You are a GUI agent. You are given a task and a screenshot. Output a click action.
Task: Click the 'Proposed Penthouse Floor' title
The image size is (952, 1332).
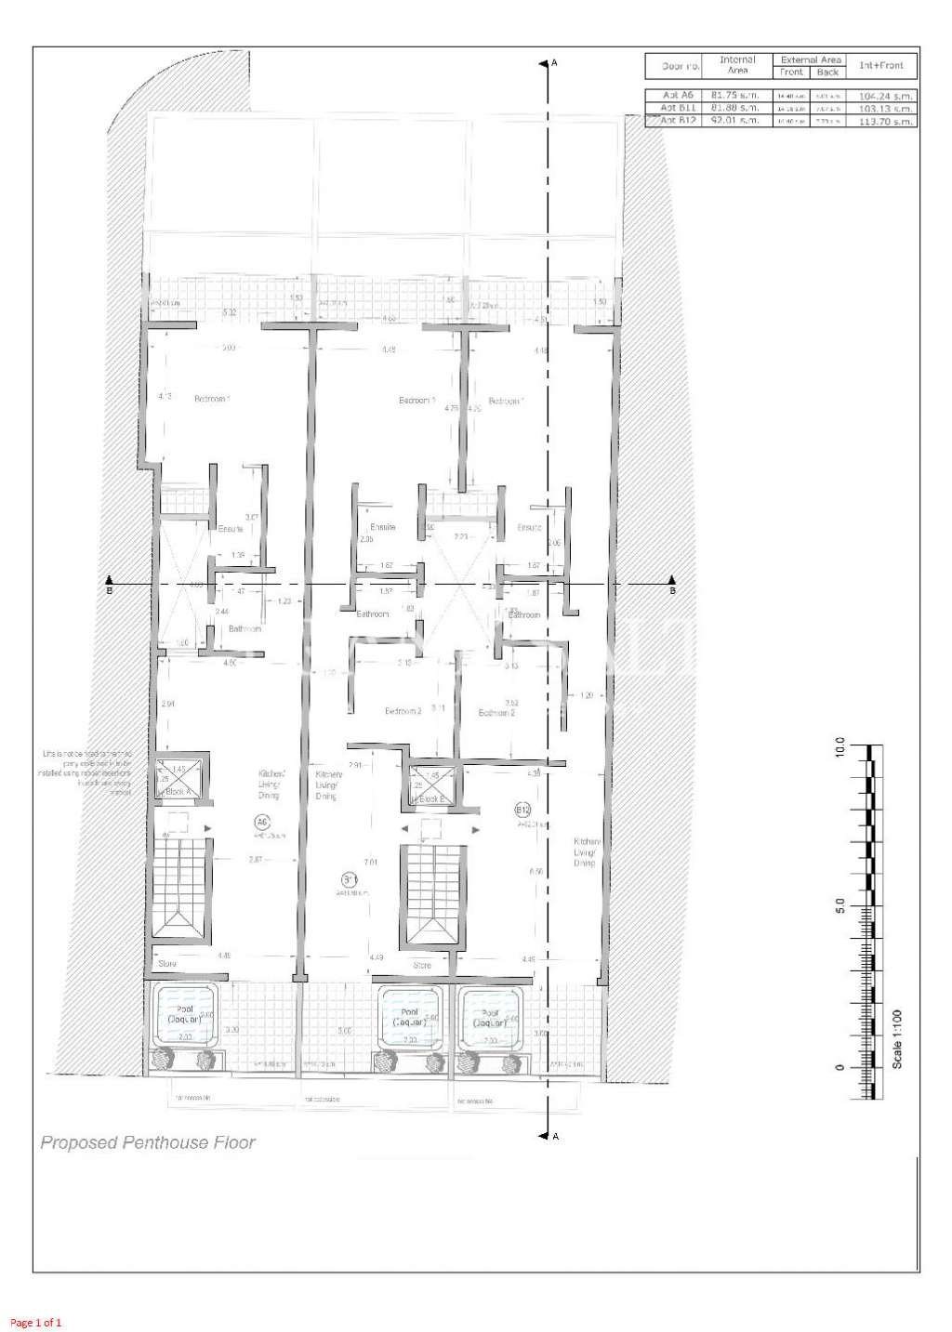[147, 1142]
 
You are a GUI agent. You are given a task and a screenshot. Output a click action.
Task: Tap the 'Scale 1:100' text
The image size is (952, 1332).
[897, 1038]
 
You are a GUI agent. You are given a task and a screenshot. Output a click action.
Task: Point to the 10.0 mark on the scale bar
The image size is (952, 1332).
[840, 747]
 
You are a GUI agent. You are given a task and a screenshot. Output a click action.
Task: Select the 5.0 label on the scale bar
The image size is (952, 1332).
[840, 905]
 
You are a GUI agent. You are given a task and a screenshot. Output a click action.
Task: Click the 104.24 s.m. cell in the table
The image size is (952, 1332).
[886, 96]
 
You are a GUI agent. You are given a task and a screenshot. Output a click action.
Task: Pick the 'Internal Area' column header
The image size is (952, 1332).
[737, 65]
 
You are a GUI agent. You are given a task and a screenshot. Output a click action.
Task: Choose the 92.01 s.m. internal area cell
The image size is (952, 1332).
[735, 120]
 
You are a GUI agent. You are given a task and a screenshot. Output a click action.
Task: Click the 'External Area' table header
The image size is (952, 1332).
[811, 59]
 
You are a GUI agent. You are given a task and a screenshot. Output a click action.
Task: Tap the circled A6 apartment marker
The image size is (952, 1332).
[262, 822]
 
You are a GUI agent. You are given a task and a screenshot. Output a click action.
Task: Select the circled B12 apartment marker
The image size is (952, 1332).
[522, 811]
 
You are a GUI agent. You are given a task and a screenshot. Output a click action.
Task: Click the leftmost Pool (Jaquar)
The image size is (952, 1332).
[185, 1014]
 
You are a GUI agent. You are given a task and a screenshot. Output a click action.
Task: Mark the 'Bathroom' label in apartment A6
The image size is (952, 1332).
[245, 629]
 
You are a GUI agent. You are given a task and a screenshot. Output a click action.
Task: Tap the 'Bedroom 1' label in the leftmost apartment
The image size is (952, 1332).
[211, 399]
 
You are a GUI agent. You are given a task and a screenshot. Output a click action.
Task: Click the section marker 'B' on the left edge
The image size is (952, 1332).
[109, 588]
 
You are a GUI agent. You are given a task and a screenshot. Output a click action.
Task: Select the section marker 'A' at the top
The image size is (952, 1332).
[554, 63]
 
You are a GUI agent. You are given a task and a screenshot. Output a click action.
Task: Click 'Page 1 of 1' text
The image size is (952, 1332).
[36, 1322]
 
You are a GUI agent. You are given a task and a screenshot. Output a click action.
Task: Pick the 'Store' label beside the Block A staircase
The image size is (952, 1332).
[167, 964]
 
